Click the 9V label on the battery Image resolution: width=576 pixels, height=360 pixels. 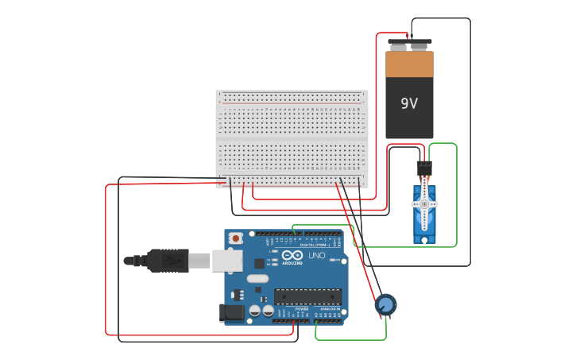tap(409, 104)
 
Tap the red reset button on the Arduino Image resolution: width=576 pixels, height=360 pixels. tap(236, 238)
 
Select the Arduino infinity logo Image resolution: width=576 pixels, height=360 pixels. tap(292, 254)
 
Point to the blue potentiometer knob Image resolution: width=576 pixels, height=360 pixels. tap(385, 304)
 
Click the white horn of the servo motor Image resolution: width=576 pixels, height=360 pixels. tap(423, 205)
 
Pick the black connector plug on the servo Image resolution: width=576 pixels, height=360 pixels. tap(424, 168)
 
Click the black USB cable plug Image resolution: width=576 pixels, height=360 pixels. tap(167, 260)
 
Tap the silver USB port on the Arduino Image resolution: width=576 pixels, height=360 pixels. tap(226, 260)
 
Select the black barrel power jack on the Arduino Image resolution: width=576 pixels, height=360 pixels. tap(232, 313)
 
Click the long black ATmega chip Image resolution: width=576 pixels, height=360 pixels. tap(308, 296)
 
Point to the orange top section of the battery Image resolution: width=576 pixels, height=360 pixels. tap(409, 64)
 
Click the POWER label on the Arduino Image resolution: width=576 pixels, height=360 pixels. tap(290, 308)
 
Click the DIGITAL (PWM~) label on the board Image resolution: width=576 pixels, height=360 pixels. tap(315, 239)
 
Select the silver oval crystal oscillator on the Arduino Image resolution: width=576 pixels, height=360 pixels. tap(257, 278)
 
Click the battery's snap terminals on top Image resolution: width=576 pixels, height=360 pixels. tap(409, 45)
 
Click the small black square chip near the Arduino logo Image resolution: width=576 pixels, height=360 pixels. tap(259, 263)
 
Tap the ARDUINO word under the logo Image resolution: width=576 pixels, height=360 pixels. tap(292, 262)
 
